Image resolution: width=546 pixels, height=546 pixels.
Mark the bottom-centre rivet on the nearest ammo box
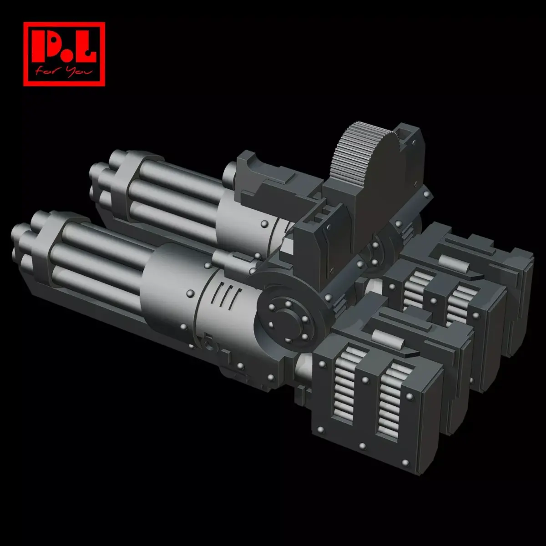[363, 445]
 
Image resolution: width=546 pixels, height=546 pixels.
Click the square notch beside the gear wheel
[403, 134]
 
